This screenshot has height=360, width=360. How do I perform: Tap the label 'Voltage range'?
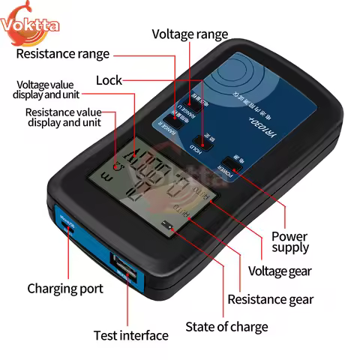190,34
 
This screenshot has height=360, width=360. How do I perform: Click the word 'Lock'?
109,80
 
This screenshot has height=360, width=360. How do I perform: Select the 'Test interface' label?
128,334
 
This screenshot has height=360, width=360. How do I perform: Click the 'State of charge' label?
226,327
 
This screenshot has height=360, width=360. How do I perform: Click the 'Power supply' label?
289,242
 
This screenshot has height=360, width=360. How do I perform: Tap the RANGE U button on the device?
182,105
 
